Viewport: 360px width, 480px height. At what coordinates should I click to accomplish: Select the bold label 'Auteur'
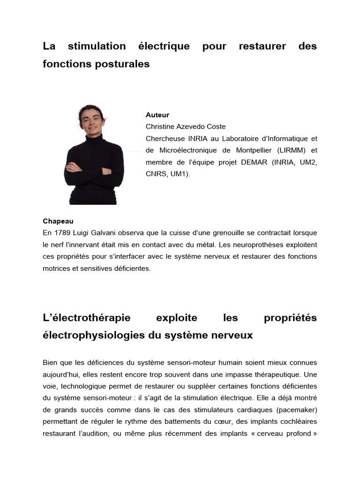click(x=157, y=115)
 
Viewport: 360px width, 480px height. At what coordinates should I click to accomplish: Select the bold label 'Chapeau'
click(x=58, y=221)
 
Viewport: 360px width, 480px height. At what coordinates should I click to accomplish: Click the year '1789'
click(x=61, y=232)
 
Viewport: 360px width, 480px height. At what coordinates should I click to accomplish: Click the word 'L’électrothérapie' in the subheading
click(x=87, y=318)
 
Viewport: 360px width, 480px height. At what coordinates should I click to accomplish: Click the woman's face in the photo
click(x=91, y=120)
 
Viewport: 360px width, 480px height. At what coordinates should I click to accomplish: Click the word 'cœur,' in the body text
click(x=247, y=422)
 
